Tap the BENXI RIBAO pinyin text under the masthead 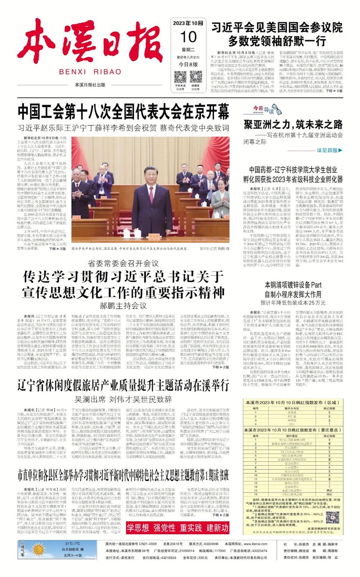coord(90,72)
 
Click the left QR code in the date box coord(180,77)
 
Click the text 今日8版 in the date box coord(188,64)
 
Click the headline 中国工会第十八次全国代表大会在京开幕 coord(123,112)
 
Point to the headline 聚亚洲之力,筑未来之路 coord(293,125)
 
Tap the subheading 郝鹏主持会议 coord(123,306)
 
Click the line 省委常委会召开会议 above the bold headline coord(123,263)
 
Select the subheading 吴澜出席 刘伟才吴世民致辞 coord(123,399)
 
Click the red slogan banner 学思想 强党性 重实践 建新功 coord(177,528)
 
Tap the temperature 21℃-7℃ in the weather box coord(72,544)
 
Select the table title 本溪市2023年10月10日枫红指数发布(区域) coord(293,402)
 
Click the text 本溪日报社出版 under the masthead coord(90,85)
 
